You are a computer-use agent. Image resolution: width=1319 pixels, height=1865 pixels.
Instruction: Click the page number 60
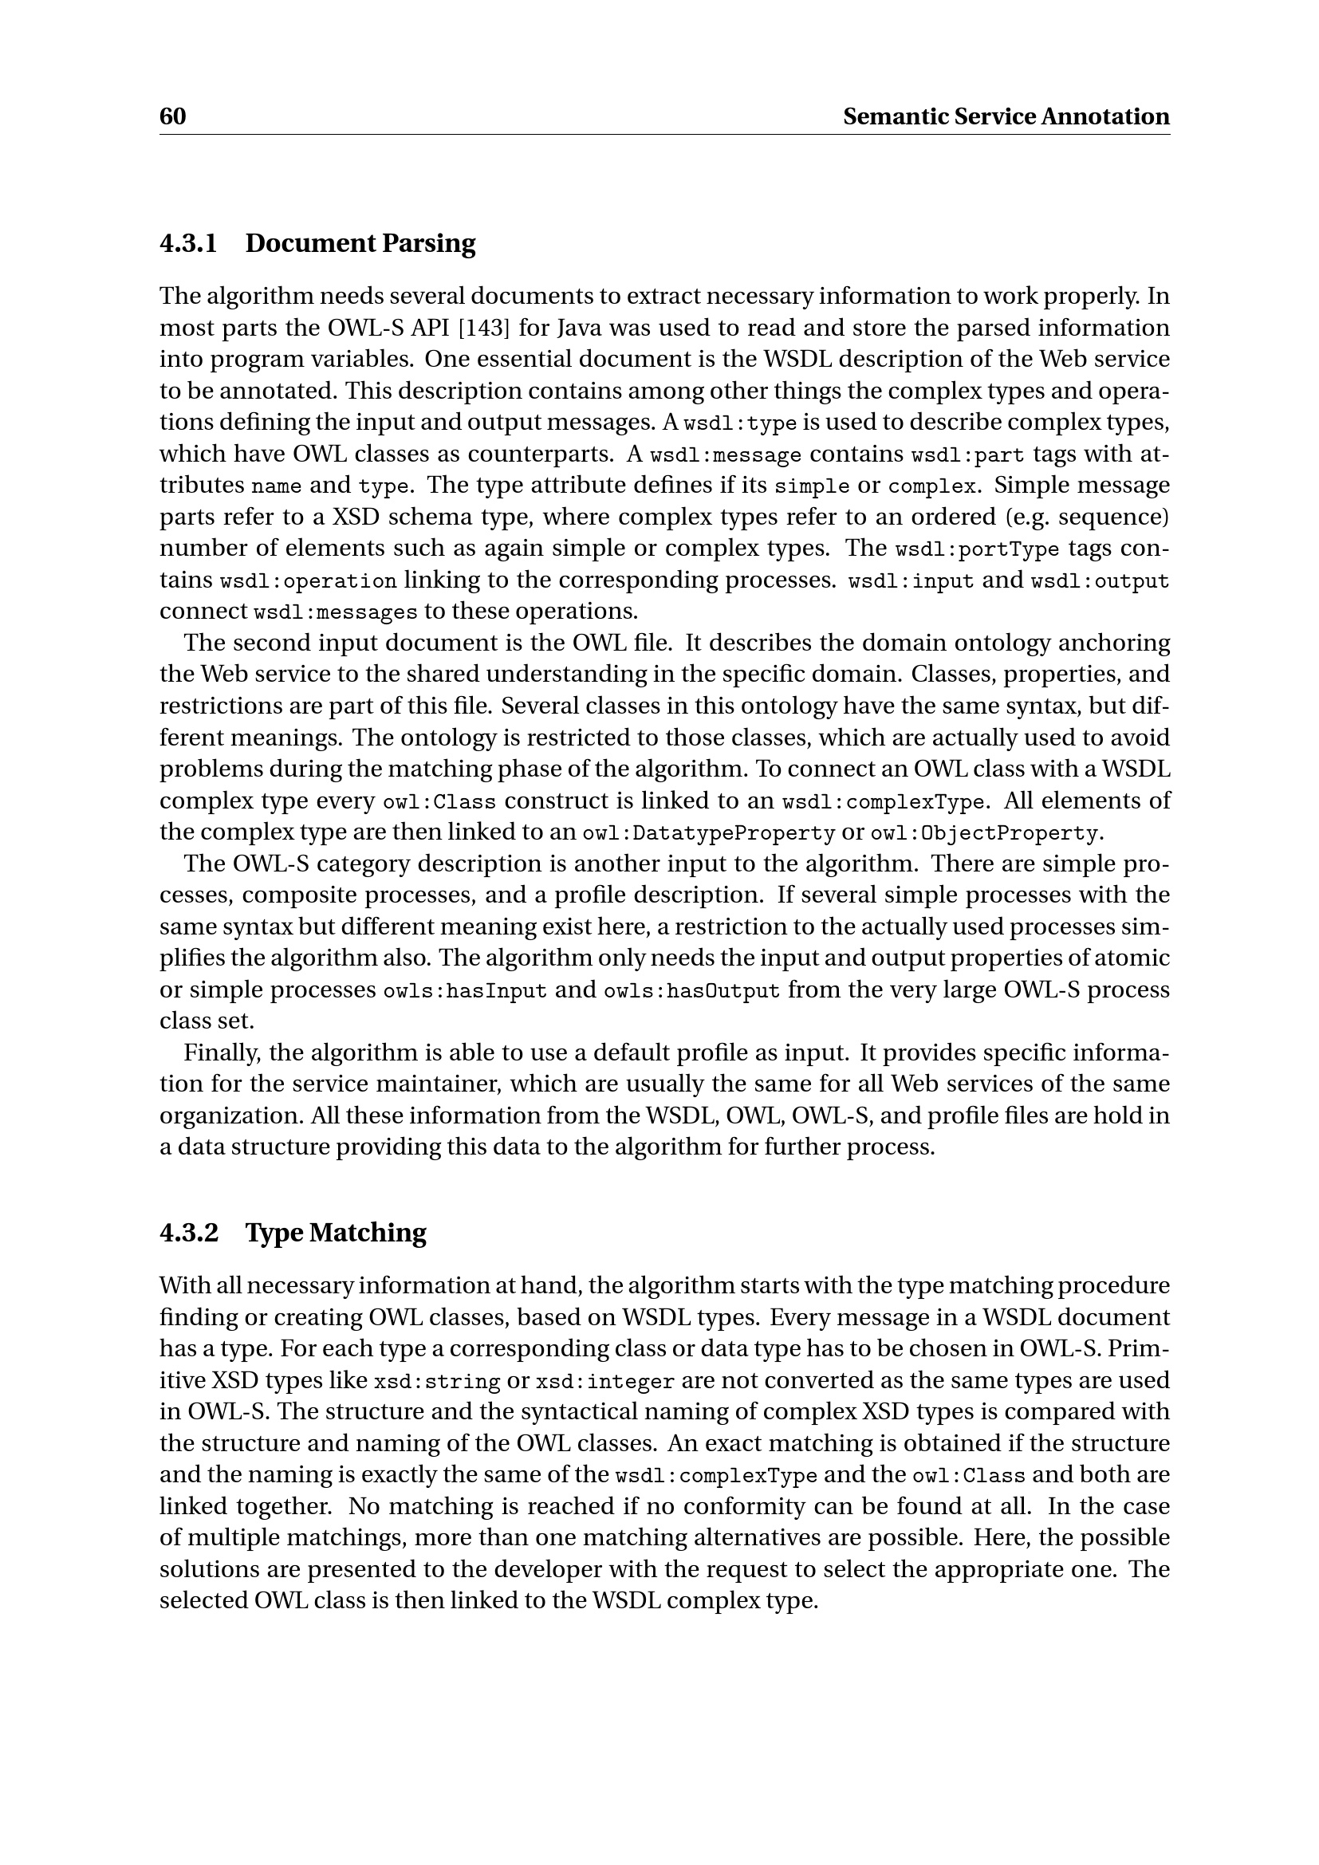point(172,117)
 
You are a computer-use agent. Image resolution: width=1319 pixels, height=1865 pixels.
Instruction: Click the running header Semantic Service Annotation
point(1006,117)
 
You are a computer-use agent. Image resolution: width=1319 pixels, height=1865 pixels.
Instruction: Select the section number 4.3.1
point(188,243)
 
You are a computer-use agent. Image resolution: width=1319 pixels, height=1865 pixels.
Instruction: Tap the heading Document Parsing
point(360,243)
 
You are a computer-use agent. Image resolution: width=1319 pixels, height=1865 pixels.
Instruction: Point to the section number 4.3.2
point(188,1232)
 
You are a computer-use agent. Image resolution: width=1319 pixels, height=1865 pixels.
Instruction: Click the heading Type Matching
point(336,1232)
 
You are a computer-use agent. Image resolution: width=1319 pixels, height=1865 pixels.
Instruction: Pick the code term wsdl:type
point(740,424)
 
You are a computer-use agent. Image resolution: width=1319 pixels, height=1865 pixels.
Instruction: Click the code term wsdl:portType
point(977,550)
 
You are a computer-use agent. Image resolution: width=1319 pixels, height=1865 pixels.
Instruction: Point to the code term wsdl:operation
point(309,582)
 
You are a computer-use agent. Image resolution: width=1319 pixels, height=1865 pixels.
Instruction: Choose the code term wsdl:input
point(911,582)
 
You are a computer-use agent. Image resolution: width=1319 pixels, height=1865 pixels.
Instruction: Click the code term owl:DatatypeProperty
point(708,834)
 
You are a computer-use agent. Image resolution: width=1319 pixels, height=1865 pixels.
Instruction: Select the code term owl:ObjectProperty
point(983,834)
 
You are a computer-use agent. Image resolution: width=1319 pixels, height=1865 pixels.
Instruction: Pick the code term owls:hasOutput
point(691,992)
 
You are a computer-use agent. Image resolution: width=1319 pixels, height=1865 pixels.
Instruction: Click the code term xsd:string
point(436,1383)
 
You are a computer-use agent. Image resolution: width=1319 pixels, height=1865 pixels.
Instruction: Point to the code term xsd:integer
point(605,1383)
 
